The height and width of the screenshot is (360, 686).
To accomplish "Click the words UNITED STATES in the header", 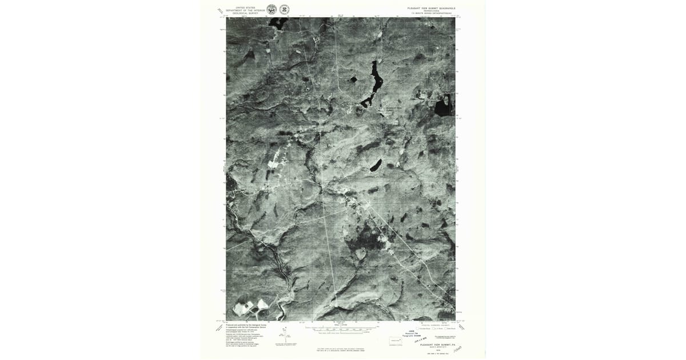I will tap(241, 7).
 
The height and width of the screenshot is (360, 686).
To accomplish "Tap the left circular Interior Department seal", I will tap(272, 9).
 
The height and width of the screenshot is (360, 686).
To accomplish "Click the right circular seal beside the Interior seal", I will tap(284, 9).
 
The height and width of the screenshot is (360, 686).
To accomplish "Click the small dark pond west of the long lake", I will tap(353, 79).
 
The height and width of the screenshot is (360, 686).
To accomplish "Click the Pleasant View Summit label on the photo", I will tap(394, 108).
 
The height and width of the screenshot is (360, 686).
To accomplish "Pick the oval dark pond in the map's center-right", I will tap(375, 166).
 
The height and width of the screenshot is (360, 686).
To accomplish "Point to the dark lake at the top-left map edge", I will tap(277, 23).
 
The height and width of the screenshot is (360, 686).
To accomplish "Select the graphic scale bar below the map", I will tap(341, 329).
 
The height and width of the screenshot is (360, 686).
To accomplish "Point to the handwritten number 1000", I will tap(457, 348).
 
